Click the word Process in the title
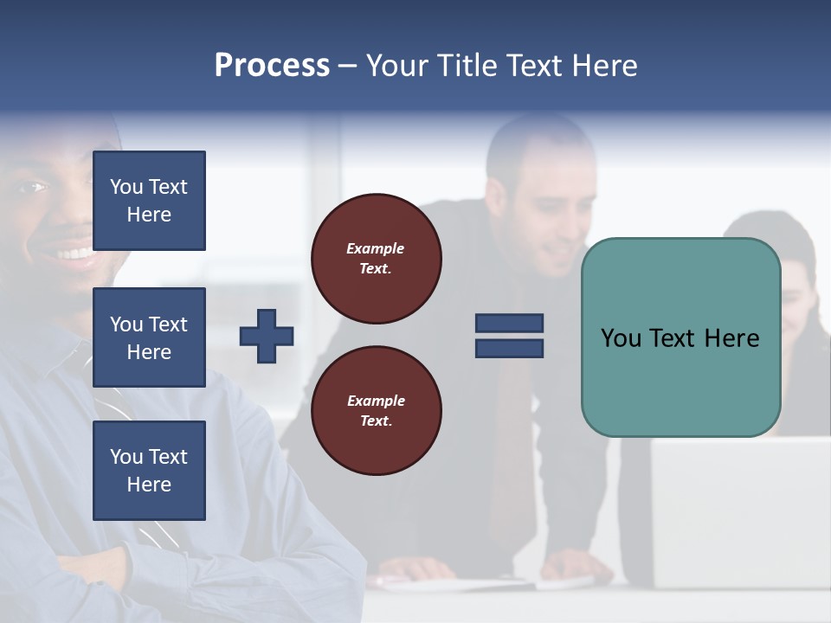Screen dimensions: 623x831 point(272,65)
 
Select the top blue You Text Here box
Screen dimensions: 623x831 point(149,201)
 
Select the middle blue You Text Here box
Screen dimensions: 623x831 point(149,337)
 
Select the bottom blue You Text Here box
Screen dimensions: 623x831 point(149,470)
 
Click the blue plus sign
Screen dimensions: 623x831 point(267,336)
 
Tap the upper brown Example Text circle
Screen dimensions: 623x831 point(376,258)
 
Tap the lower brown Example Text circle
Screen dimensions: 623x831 point(376,410)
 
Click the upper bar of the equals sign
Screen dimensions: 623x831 point(509,323)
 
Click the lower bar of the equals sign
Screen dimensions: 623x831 point(509,348)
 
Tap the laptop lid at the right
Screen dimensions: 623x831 point(736,511)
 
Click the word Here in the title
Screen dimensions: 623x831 point(603,65)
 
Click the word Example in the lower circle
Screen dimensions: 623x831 point(376,401)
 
